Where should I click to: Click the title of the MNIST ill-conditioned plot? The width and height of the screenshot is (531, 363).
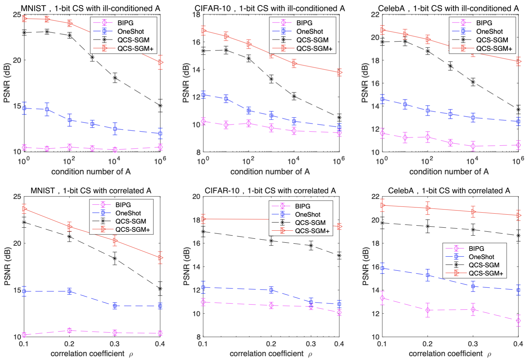(x=91, y=8)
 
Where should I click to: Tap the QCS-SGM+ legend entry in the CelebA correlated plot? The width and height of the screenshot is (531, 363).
(x=486, y=273)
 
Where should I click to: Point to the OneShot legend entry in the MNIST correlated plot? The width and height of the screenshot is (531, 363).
(x=128, y=213)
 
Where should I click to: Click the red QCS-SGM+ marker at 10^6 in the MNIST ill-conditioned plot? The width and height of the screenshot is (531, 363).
(x=160, y=63)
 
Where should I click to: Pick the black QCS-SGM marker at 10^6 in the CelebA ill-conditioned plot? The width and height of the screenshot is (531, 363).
(x=518, y=110)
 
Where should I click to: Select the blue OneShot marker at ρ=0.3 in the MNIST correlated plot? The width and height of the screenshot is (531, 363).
(x=115, y=306)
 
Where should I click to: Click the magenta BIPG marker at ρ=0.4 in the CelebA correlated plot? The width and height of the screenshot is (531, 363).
(x=518, y=321)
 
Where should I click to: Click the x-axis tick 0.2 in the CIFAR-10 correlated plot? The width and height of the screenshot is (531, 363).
(x=271, y=344)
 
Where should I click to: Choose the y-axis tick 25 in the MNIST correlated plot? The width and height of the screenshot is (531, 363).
(x=17, y=197)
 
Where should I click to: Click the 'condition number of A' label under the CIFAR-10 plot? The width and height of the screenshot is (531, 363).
(x=270, y=172)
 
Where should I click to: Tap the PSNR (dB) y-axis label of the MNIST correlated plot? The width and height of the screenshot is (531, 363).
(x=8, y=267)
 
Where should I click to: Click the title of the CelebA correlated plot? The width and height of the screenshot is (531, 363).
(x=449, y=190)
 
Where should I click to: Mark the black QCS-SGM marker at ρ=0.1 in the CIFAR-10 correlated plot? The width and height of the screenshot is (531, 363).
(x=203, y=231)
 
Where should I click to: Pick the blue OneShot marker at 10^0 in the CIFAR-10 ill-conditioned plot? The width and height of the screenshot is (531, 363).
(x=203, y=95)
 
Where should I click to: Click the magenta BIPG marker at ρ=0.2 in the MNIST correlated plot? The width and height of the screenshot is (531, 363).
(x=69, y=331)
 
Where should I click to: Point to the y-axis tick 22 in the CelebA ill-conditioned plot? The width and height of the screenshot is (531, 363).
(x=375, y=15)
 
